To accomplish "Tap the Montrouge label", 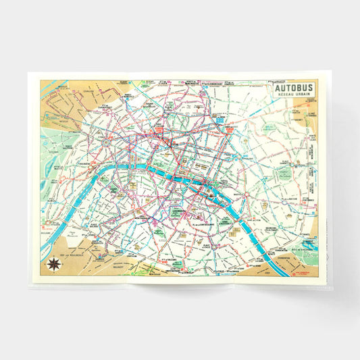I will [147, 270].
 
